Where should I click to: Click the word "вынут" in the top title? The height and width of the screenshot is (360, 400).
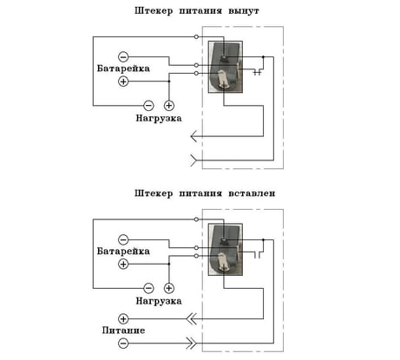click(244, 11)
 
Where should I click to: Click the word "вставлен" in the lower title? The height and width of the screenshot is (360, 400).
click(252, 193)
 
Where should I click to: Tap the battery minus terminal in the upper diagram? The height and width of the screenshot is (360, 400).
click(123, 56)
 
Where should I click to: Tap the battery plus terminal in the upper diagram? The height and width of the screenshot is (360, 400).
click(123, 82)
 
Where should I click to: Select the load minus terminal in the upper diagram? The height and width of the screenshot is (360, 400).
click(148, 105)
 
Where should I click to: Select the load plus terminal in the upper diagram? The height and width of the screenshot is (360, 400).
click(169, 105)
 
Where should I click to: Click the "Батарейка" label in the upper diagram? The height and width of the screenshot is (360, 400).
click(123, 69)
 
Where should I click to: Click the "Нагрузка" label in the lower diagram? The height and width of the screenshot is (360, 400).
click(159, 301)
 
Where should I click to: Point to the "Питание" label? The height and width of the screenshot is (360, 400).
click(123, 331)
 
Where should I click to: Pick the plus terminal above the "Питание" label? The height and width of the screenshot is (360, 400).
click(123, 319)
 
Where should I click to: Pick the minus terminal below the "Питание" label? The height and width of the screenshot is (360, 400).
click(123, 344)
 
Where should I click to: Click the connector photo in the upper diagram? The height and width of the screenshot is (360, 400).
click(226, 67)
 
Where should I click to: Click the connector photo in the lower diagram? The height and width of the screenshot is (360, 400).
click(226, 250)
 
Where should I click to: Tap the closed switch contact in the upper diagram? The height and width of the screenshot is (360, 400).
click(258, 72)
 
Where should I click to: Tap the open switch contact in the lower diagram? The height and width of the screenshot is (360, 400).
click(258, 255)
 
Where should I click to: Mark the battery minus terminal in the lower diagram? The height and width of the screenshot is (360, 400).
click(123, 239)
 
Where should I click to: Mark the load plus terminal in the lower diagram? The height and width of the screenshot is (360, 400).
click(169, 288)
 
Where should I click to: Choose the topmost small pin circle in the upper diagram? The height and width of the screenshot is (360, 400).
click(196, 36)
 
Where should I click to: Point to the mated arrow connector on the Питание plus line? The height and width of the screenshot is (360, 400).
click(192, 319)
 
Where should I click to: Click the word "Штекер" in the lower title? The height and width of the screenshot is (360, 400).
click(154, 193)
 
